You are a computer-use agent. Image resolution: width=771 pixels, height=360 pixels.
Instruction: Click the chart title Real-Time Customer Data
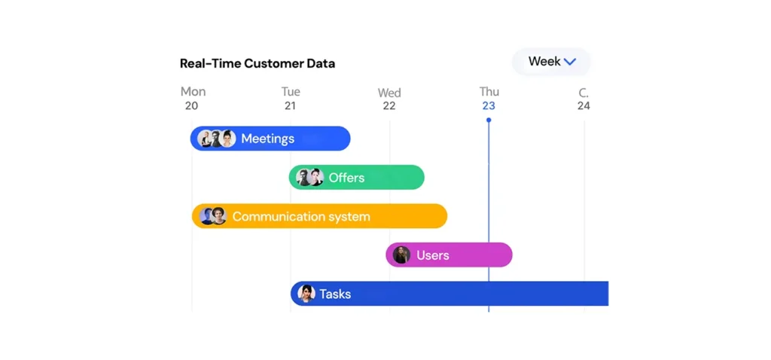258,63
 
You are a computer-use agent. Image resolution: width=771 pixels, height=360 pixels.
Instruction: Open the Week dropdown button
551,62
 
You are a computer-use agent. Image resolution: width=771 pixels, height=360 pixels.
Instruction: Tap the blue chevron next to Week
570,62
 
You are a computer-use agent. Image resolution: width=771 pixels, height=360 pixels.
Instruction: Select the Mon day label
194,91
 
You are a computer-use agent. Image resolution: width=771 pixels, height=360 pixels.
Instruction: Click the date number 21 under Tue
290,105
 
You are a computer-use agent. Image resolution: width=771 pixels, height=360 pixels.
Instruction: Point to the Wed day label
389,93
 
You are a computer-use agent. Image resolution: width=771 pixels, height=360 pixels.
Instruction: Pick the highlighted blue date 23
488,105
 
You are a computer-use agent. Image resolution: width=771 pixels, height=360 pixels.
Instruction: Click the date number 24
584,105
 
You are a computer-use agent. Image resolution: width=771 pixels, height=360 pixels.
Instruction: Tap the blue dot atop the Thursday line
488,120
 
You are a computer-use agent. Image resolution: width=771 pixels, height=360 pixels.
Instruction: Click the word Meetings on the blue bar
267,139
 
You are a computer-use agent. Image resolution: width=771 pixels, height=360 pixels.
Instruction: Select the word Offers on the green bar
346,178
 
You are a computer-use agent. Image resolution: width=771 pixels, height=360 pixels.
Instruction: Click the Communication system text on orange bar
301,216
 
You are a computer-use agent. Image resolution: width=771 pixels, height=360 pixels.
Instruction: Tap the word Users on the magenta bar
433,255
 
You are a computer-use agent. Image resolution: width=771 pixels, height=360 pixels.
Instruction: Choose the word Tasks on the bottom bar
335,294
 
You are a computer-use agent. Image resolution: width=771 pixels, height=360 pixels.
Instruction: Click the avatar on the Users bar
402,255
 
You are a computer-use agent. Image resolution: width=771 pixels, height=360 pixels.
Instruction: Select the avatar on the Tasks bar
306,294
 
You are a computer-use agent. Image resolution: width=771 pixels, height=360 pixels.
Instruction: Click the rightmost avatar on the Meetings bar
227,139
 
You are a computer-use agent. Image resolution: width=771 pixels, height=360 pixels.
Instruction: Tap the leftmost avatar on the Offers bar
304,177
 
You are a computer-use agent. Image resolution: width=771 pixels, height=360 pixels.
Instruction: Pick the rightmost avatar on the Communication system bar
218,216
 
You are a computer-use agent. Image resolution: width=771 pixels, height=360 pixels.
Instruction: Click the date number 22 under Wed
389,105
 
